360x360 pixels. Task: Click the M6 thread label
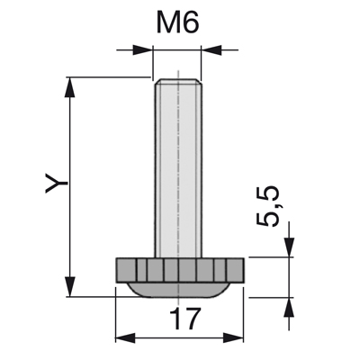[x=177, y=23]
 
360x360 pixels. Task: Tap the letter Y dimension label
[x=56, y=183]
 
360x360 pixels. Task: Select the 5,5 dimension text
[x=267, y=206]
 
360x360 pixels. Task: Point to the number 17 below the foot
[x=184, y=319]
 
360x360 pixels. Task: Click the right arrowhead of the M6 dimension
[x=211, y=49]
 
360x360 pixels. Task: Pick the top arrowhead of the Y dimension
[x=69, y=87]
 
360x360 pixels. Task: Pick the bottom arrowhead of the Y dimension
[x=69, y=287]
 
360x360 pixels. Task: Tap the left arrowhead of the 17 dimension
[x=125, y=338]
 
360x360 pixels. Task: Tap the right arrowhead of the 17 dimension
[x=233, y=338]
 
